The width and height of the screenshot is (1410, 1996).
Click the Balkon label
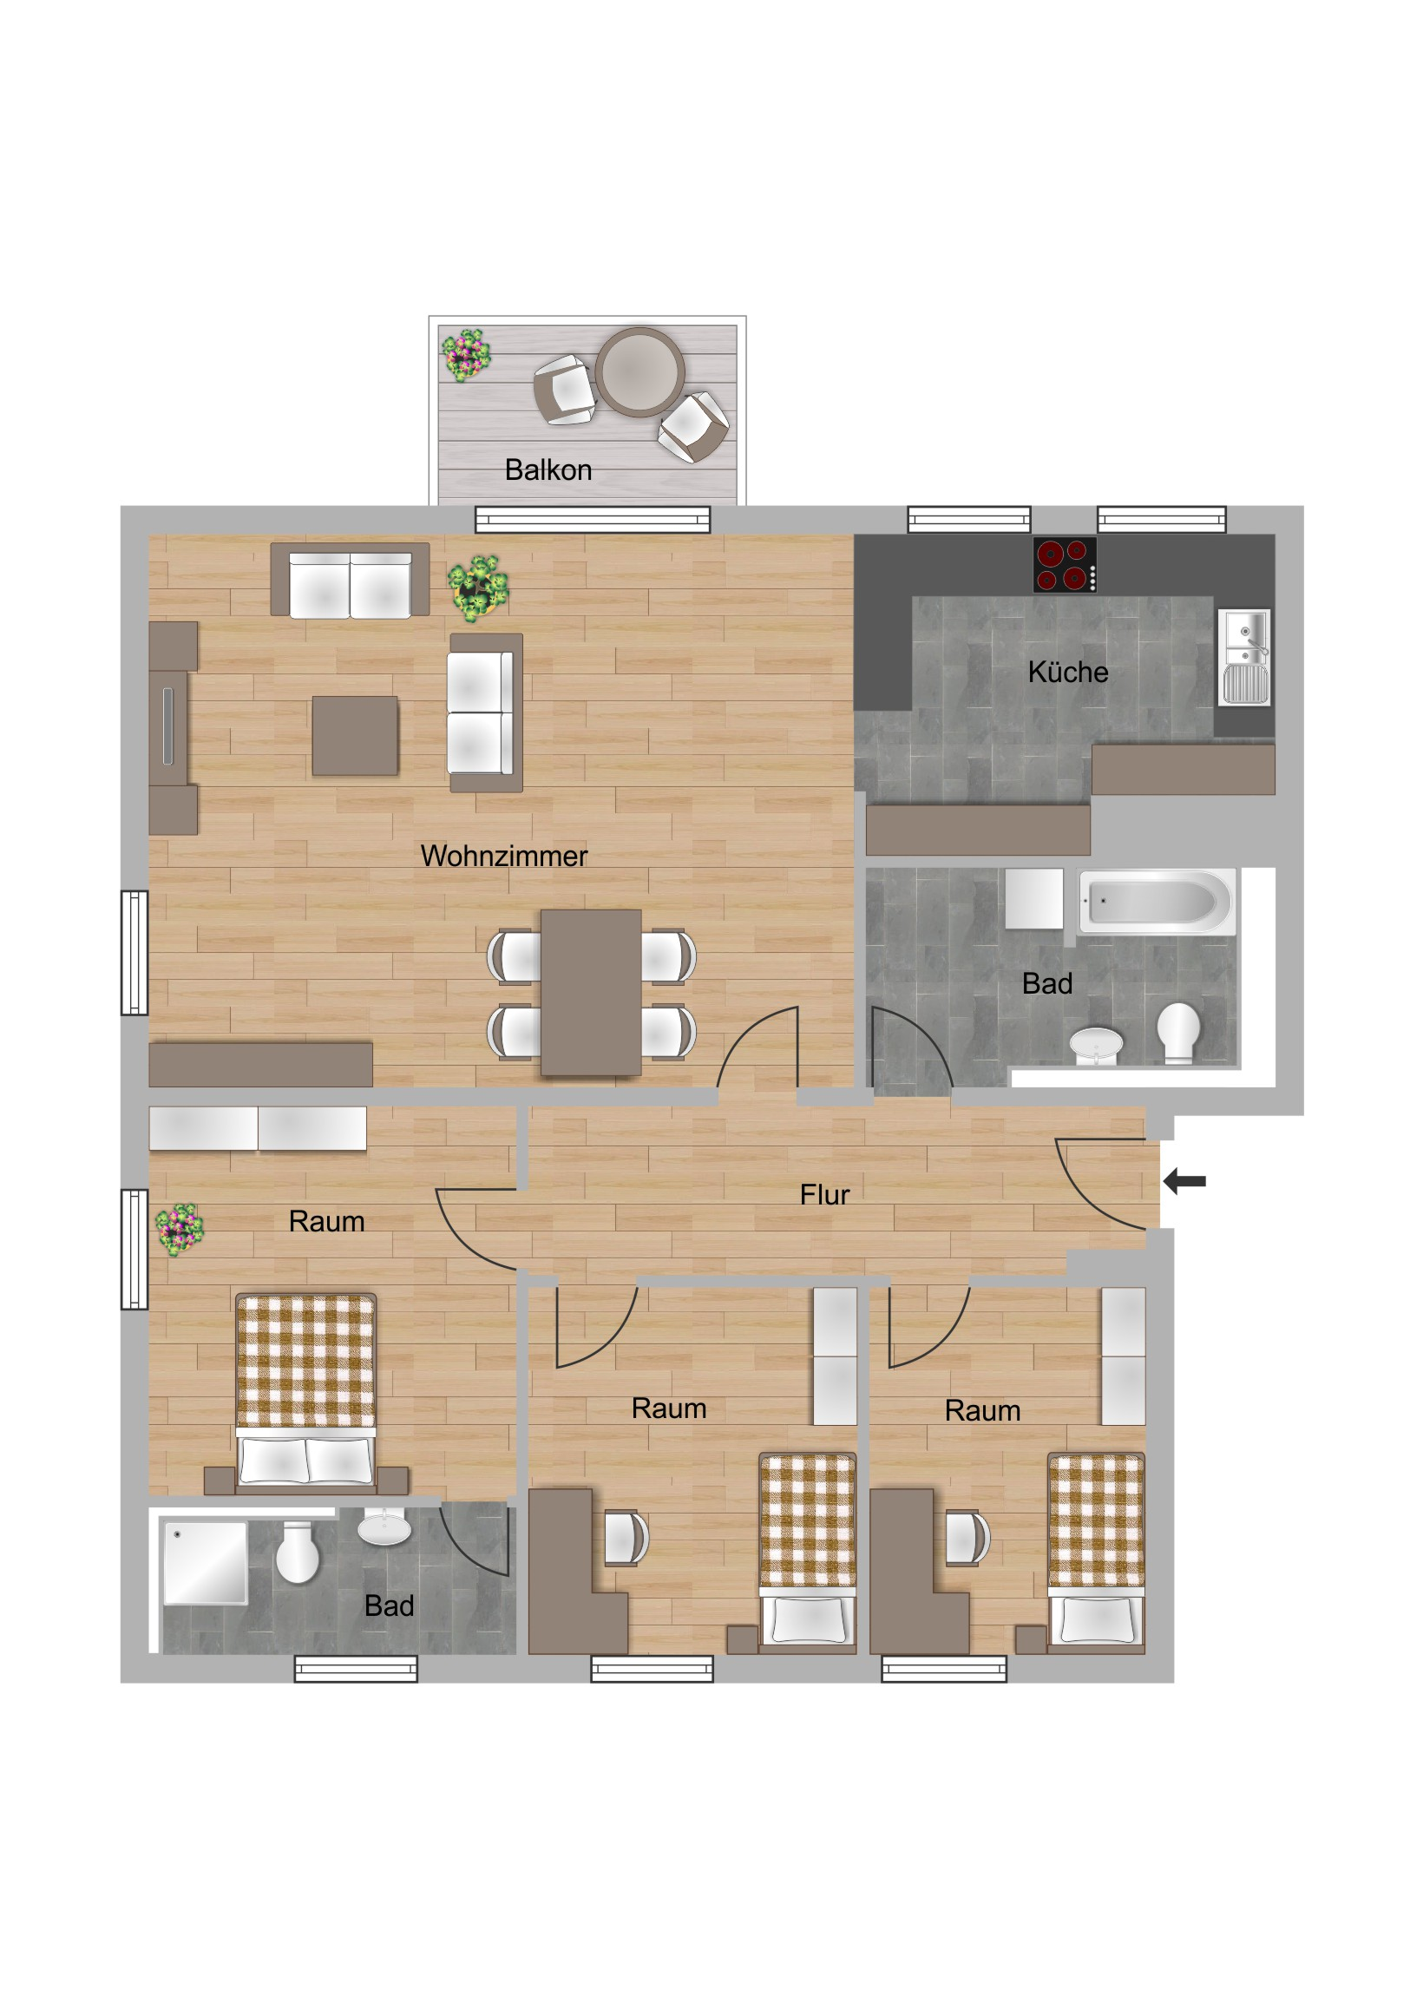pos(548,470)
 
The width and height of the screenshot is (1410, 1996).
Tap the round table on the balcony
pos(639,372)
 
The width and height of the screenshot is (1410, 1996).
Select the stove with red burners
pos(1064,565)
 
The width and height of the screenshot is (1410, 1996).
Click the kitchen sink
pos(1244,657)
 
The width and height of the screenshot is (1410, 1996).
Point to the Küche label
pos(1067,672)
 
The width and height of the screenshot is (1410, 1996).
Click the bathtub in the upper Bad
pos(1156,902)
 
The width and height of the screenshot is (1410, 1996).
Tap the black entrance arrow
pos(1184,1180)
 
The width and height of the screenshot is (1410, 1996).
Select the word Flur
pos(824,1194)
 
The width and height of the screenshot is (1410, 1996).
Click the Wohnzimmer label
pos(504,856)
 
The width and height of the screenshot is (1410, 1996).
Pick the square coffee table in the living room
pos(356,734)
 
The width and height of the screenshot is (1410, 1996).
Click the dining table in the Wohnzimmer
pos(591,992)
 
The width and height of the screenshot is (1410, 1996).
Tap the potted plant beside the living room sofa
pos(478,588)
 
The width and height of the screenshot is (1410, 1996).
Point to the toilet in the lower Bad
pos(298,1552)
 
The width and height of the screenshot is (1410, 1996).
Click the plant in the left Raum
pos(179,1228)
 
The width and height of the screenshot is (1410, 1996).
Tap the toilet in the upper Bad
pos(1179,1032)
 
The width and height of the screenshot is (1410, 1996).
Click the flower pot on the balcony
pos(466,355)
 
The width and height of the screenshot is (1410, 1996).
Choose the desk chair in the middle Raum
pos(626,1537)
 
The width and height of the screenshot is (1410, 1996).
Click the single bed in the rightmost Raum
pos(1096,1552)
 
